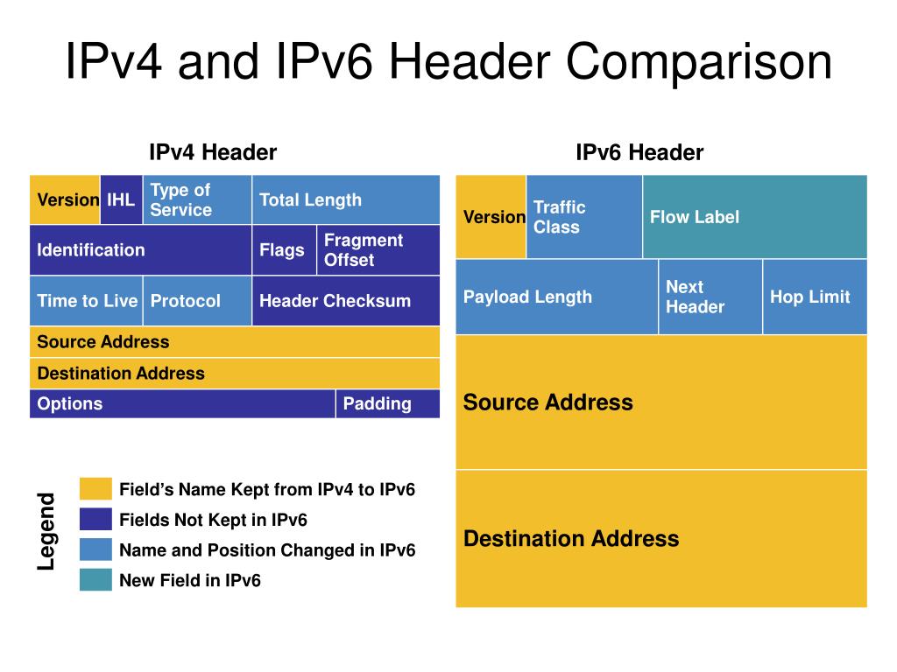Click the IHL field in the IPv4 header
pos(121,199)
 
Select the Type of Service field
pos(197,199)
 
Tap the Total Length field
pos(346,199)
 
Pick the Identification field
pos(140,250)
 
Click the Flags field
pos(284,250)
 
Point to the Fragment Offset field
pos(378,250)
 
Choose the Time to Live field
pos(86,301)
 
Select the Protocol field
pos(197,301)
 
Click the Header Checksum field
pos(346,301)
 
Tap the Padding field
pos(387,404)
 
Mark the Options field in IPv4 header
pos(182,404)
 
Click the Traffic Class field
pos(584,217)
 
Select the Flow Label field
pos(754,217)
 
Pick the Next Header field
pos(710,297)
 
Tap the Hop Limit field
pos(815,297)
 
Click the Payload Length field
pos(556,297)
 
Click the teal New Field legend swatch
pos(95,580)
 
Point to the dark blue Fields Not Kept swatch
pos(95,520)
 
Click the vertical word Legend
pos(46,532)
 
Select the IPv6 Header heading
pos(639,153)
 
